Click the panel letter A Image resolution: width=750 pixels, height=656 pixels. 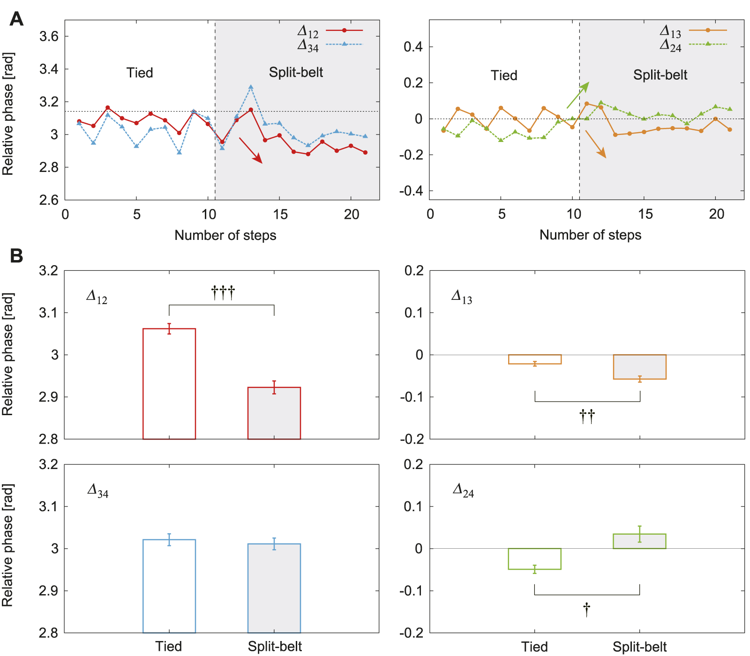click(16, 19)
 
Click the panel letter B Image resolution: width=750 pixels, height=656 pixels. click(16, 256)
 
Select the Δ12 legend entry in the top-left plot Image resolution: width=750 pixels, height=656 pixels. click(330, 31)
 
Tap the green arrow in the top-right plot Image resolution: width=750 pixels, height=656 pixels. click(577, 95)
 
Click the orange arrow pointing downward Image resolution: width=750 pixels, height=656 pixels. click(596, 144)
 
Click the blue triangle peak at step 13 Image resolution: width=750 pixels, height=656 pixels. click(251, 87)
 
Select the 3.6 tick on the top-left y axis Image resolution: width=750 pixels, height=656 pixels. click(49, 37)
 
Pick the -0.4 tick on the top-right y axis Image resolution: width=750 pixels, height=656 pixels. click(411, 191)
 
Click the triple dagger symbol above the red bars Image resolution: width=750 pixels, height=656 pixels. click(223, 293)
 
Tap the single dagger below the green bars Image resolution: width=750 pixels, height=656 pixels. click(587, 610)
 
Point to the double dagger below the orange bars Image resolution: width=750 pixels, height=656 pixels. click(587, 416)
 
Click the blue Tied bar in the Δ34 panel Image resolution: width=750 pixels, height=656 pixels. click(169, 586)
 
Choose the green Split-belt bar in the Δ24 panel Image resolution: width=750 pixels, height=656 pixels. click(639, 541)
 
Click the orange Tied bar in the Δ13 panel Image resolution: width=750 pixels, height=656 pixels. click(535, 359)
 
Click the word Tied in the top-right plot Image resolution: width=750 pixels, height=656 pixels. click(504, 75)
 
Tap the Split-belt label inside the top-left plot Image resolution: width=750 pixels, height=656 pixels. click(296, 72)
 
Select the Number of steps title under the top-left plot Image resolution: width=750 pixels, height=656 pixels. click(225, 235)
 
